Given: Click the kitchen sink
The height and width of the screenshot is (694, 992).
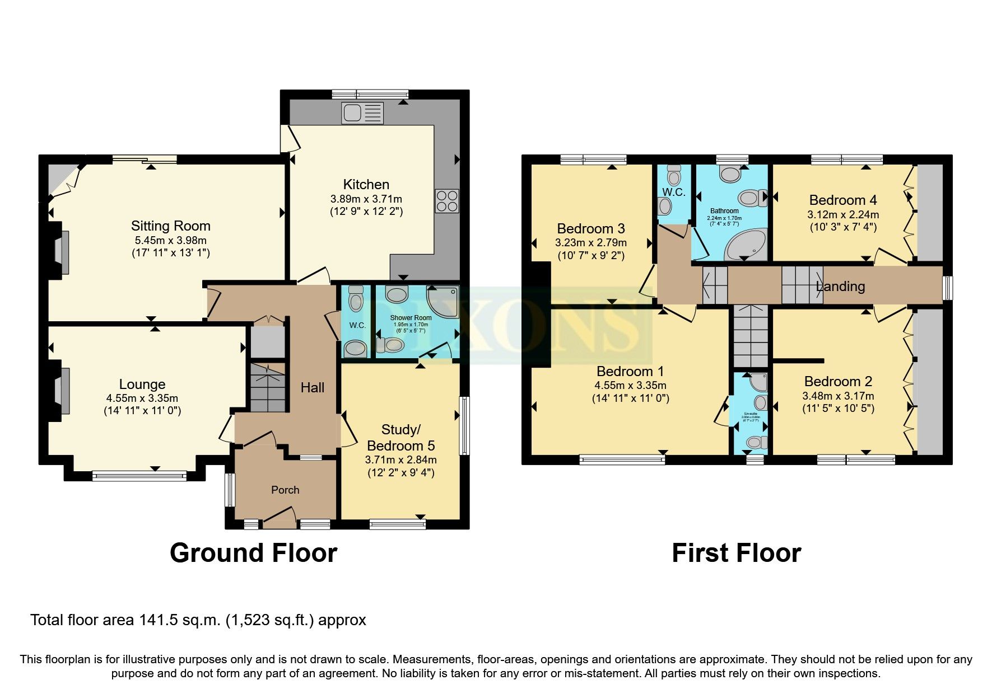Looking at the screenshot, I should tap(362, 113).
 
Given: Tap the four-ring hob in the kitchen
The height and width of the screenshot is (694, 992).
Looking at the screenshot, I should tap(447, 201).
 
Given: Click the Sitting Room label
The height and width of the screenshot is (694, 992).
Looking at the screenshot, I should tap(171, 226).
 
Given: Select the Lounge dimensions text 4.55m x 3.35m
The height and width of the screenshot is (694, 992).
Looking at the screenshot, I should tap(142, 398).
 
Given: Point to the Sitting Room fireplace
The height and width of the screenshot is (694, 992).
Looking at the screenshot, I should tap(62, 252).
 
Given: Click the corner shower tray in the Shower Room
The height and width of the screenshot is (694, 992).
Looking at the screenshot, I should tap(444, 302).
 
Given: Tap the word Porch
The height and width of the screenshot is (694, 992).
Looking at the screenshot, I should tap(285, 490).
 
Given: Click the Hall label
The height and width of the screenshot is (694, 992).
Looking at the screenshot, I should tap(312, 387).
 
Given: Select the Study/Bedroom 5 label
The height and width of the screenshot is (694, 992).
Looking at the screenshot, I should tap(400, 438).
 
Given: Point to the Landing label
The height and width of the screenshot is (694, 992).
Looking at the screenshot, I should tap(840, 287).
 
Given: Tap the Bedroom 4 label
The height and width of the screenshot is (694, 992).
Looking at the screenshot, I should tap(843, 200).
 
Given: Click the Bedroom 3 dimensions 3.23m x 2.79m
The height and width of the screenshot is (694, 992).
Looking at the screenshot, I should tap(591, 243).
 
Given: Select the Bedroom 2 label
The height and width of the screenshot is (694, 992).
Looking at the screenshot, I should tap(838, 382).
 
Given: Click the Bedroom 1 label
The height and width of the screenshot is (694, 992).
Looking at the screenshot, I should tap(630, 371).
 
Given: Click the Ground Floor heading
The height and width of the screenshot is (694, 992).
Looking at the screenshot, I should tap(253, 553).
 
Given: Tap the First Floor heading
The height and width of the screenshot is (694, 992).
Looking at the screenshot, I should tap(736, 553).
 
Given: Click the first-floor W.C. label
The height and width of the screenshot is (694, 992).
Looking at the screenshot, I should tap(673, 192).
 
